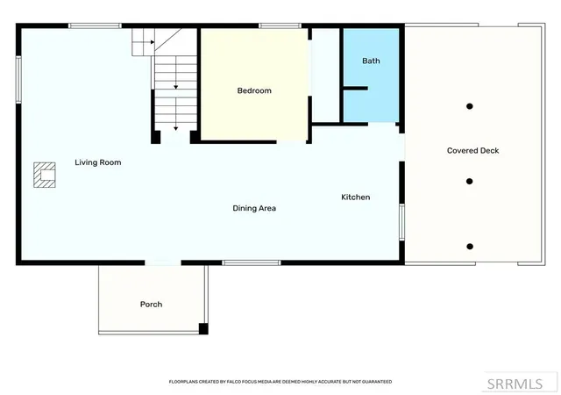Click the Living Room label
tap(97, 162)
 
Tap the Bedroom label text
tap(254, 90)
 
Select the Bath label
tap(371, 61)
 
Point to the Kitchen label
tap(355, 197)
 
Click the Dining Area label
tap(254, 208)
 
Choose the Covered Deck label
tap(472, 151)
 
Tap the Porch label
tap(151, 305)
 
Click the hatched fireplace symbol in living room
tap(45, 175)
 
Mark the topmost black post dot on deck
tap(470, 106)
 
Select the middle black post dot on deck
tap(470, 182)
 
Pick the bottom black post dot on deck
tap(470, 247)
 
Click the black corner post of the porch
tap(203, 328)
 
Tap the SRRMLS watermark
tap(515, 384)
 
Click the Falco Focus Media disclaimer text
tap(280, 382)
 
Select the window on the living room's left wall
tap(18, 80)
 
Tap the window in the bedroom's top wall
tap(280, 25)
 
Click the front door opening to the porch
tap(163, 262)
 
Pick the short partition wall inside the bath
tap(356, 88)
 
